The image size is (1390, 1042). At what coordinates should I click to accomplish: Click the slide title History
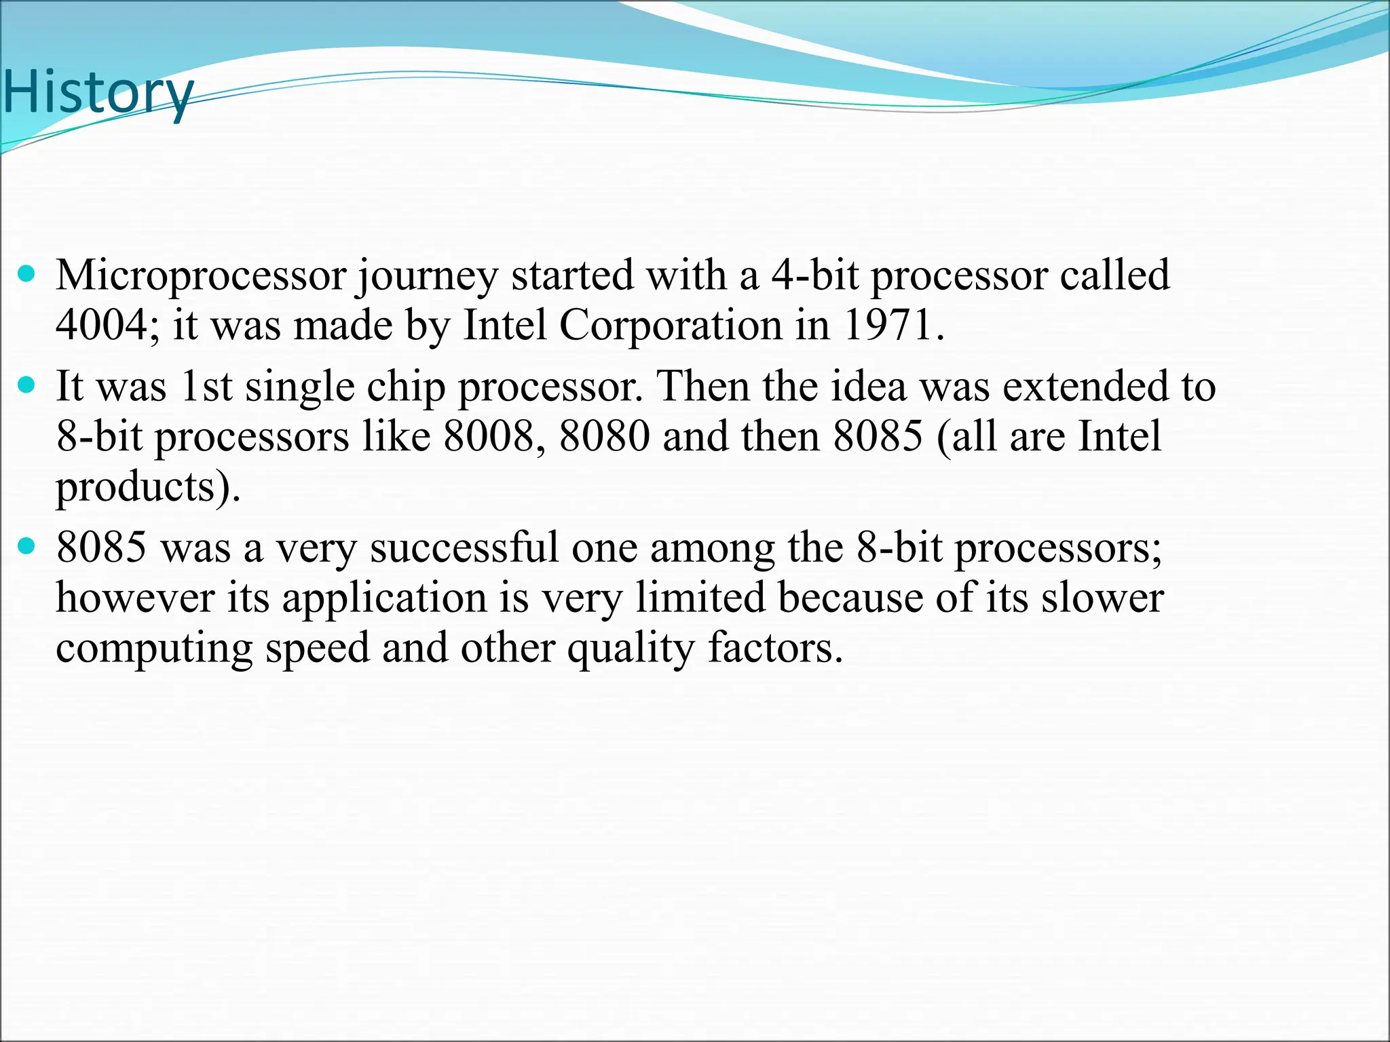click(98, 93)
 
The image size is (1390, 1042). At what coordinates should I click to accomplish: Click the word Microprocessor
click(201, 276)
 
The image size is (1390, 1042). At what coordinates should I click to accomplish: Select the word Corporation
click(671, 326)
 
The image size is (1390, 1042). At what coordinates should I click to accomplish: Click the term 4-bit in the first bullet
click(814, 276)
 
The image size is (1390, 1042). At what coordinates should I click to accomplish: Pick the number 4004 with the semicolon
click(107, 326)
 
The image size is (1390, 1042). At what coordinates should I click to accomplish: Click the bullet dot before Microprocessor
click(26, 275)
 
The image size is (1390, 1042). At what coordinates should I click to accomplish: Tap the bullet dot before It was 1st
click(26, 386)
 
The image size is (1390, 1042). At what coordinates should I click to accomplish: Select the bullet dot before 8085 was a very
click(26, 546)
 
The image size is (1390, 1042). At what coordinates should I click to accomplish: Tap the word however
click(134, 598)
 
